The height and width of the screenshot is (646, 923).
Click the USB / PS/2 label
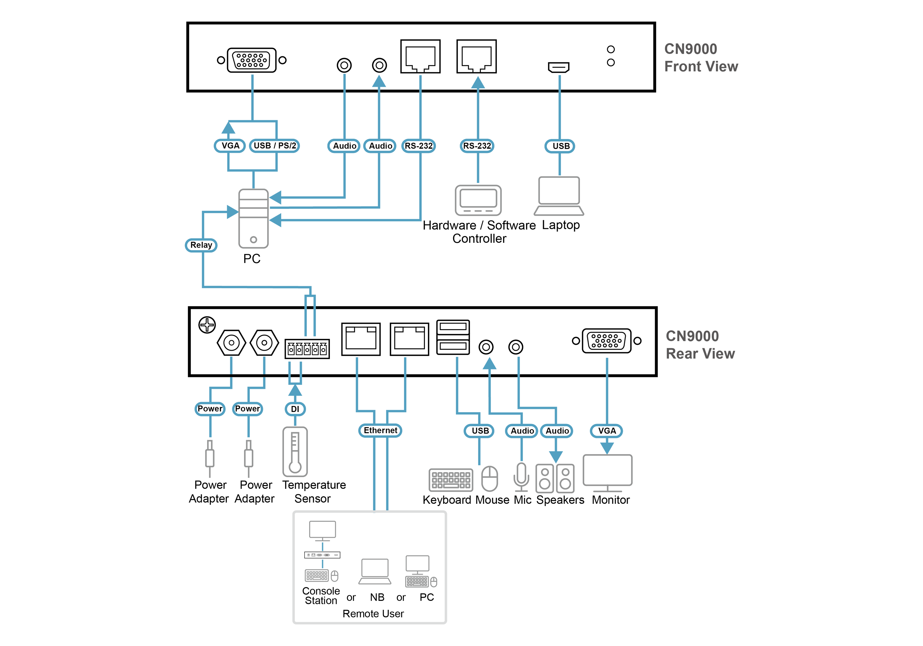[274, 146]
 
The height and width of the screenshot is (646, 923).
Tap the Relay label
[201, 245]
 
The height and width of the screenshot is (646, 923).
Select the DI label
[295, 409]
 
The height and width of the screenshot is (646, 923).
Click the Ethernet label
[380, 430]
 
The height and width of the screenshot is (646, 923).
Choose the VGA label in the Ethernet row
[607, 431]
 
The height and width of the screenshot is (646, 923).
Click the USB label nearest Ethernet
[480, 431]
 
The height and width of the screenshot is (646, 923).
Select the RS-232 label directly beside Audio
[418, 146]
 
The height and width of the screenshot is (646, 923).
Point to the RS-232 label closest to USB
[477, 146]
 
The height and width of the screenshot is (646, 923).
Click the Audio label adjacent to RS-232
[380, 146]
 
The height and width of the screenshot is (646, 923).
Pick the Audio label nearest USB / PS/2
[345, 146]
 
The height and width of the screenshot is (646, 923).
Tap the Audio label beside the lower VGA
[557, 431]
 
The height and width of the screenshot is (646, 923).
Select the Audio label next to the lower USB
[522, 431]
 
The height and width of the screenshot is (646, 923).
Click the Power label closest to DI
[247, 409]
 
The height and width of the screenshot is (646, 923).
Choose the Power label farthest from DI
[210, 409]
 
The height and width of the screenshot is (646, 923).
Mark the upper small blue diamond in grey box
[322, 546]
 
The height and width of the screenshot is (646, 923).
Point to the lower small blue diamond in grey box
[322, 564]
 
